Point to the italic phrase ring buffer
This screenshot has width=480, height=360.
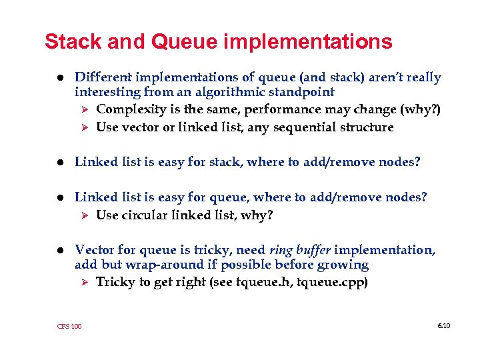click(x=299, y=249)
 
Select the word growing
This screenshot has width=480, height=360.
click(x=345, y=265)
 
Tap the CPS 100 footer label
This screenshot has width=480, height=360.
click(x=69, y=326)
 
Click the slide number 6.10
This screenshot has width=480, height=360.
click(x=443, y=325)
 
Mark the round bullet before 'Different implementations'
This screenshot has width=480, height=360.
click(x=60, y=78)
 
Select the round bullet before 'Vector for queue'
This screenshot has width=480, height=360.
click(x=60, y=250)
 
